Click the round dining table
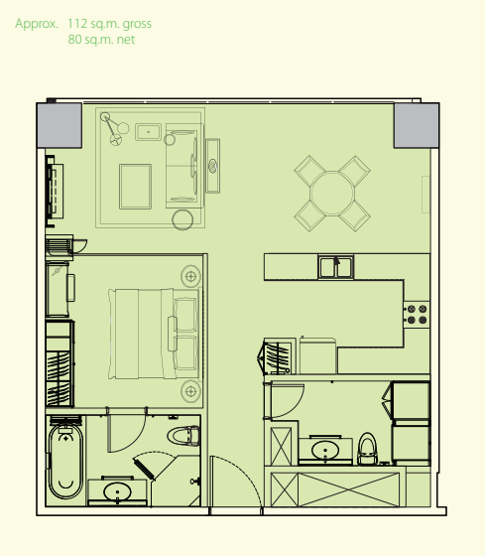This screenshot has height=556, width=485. (332, 194)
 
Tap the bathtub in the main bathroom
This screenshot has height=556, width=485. (65, 462)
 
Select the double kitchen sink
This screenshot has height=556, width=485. (335, 267)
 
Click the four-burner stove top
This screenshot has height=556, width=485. (417, 315)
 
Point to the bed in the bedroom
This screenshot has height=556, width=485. (154, 334)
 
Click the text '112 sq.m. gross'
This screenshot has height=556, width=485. (109, 24)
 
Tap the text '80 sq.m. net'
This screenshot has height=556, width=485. (101, 40)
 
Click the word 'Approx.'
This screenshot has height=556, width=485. (37, 24)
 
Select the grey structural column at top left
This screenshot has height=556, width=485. (60, 125)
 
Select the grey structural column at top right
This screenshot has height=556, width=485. (417, 125)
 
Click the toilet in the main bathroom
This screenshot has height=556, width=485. (183, 436)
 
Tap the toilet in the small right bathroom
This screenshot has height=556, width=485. (367, 448)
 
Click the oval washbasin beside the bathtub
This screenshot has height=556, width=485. (117, 492)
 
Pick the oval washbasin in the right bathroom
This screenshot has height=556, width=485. (325, 450)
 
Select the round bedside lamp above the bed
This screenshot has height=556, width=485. (191, 276)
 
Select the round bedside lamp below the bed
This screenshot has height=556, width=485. (191, 391)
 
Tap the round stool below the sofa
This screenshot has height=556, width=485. (182, 219)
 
